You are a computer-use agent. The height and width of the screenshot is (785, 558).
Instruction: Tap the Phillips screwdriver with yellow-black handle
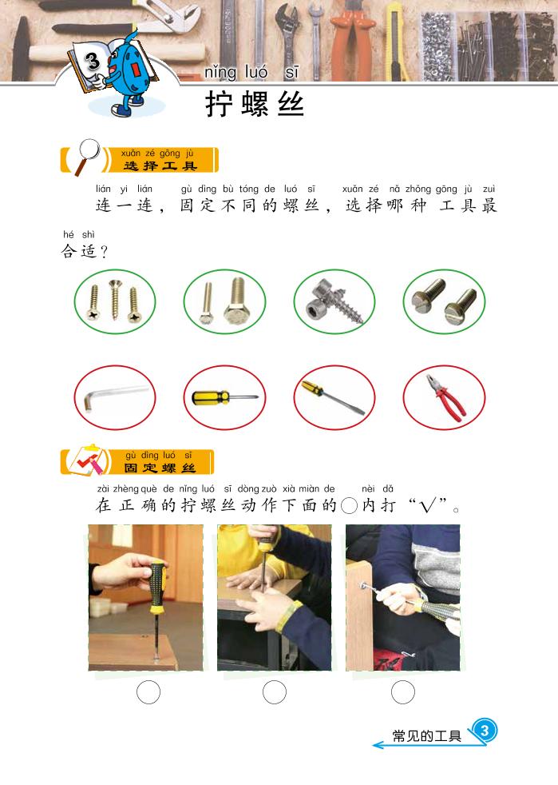coord(224,398)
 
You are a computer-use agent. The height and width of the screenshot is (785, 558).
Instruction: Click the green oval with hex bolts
coord(224,301)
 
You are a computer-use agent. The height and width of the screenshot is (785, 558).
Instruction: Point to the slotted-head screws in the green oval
coord(444,301)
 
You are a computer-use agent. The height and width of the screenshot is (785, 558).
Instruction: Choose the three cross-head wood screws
coord(114,301)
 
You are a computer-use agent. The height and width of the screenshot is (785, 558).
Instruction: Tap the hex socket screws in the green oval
coord(334,301)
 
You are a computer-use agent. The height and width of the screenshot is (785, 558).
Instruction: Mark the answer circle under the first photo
coord(148,692)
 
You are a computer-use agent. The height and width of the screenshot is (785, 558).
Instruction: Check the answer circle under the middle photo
coord(275,692)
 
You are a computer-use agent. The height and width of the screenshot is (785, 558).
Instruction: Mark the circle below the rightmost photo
coord(403,692)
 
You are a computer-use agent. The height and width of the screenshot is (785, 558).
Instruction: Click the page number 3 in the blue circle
coord(485,730)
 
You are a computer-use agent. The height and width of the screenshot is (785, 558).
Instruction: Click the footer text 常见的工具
coord(426,735)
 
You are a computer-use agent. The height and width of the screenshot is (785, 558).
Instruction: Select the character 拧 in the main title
coord(219,104)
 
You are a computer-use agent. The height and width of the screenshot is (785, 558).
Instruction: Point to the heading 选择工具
coord(160,165)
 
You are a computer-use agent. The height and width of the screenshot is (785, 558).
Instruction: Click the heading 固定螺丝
coord(160,468)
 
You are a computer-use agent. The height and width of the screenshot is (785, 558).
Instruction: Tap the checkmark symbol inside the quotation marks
coord(428,506)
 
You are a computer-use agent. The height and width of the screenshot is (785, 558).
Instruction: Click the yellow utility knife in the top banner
coord(398,42)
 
